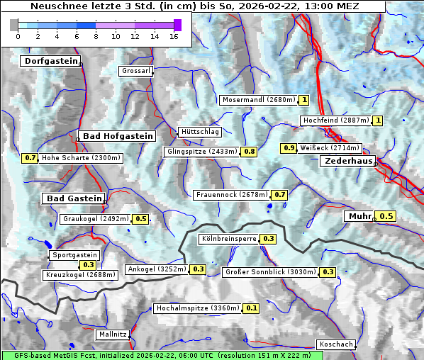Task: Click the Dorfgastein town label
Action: pos(50,61)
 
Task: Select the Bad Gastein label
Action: pos(74,198)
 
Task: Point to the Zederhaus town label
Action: pos(348,161)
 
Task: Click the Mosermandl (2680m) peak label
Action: pos(259,100)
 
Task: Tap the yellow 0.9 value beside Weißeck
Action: pos(289,148)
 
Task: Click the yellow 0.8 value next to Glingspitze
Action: pos(250,152)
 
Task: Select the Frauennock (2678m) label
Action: pos(231,194)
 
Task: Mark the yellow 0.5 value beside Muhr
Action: pos(386,216)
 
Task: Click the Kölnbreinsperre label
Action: pos(228,239)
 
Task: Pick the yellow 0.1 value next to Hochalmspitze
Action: pos(252,308)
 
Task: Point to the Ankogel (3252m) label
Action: pos(156,269)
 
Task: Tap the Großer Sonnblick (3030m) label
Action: pos(270,271)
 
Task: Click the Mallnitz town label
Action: pos(113,334)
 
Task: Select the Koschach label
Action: pos(335,344)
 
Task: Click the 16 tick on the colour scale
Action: pos(173,35)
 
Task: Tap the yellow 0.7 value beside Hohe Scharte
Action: pos(30,158)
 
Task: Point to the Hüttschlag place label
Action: pos(200,132)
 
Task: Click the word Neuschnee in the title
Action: pos(55,6)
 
